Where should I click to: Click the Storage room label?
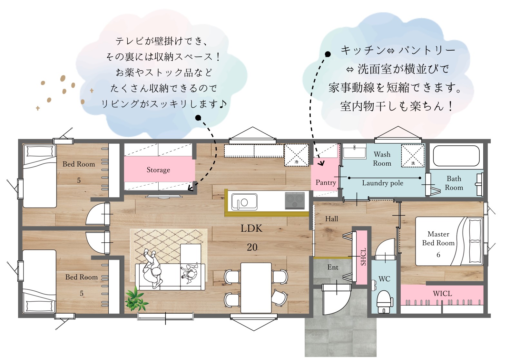pos(158,170)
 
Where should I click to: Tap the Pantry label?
pos(326,182)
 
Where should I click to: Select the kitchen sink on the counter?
pos(244,202)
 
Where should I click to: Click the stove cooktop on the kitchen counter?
pos(295,200)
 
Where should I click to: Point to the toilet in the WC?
pos(384,302)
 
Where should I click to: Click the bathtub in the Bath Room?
pos(456,156)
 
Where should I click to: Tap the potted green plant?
pos(136,299)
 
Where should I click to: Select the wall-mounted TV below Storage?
pos(164,196)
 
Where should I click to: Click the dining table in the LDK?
pos(256,288)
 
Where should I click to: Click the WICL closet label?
pos(442,294)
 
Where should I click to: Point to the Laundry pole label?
pos(382,183)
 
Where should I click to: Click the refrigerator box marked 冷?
pos(297,155)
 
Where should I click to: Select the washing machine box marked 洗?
pos(413,156)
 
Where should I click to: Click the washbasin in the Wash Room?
pos(354,151)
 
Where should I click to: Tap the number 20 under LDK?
pos(252,247)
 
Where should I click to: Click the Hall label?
pos(331,219)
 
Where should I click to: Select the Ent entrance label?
pos(333,267)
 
